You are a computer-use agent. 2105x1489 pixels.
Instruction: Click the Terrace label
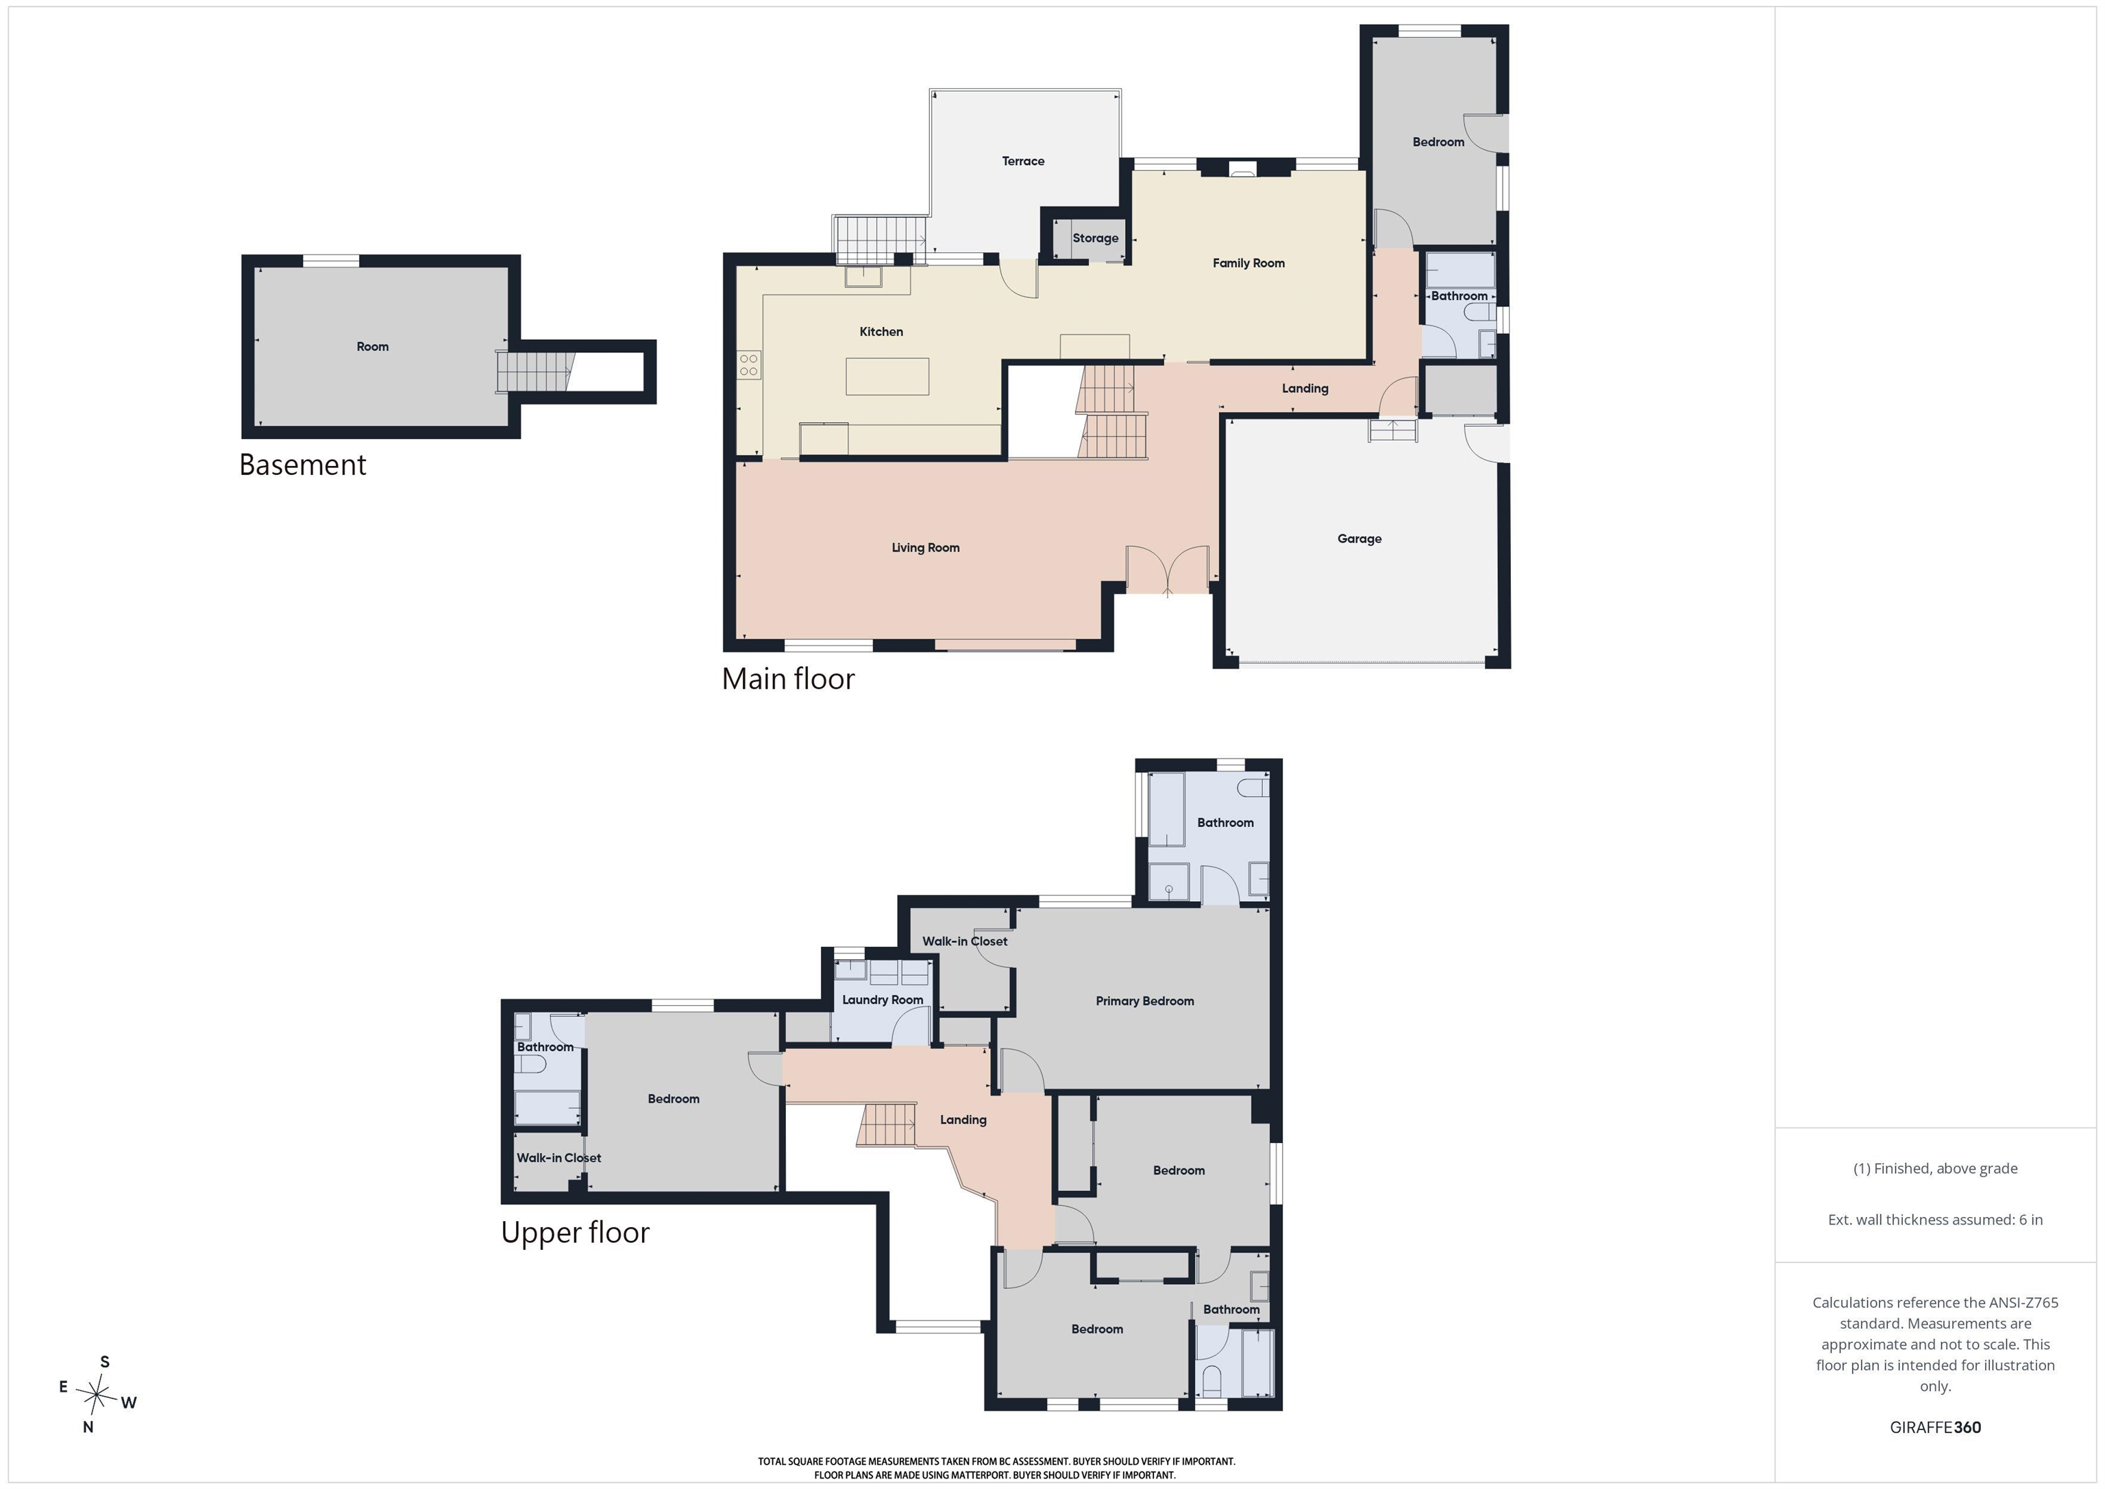[1023, 161]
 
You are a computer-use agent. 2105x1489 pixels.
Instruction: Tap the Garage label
[1359, 539]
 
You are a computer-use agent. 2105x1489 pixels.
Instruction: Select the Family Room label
[1248, 263]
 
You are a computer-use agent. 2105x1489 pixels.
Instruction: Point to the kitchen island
[887, 376]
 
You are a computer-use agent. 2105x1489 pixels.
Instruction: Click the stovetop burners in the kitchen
[749, 365]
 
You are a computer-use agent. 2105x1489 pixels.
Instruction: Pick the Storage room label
[1096, 238]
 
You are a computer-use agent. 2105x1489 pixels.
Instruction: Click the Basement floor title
[303, 465]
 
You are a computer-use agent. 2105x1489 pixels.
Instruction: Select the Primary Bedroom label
[1145, 1001]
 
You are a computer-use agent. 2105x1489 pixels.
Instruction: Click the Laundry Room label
[883, 1000]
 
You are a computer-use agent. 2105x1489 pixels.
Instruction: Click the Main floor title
[789, 678]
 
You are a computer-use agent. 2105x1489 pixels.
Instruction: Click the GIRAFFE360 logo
[1935, 1427]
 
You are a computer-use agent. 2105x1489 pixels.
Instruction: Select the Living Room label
[926, 548]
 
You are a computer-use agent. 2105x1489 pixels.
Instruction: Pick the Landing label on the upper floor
[963, 1120]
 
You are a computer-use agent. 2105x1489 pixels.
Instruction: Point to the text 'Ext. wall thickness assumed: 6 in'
[1935, 1220]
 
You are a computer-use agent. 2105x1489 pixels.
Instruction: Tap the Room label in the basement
[372, 347]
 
